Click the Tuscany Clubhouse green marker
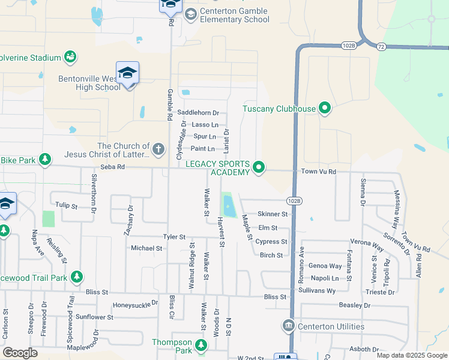coord(325,109)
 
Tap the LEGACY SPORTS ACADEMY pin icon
coord(259,167)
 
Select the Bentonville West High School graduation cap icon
coord(127,74)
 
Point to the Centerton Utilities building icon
coord(288,326)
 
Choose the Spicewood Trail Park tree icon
coord(76,277)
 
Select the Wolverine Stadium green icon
coord(70,57)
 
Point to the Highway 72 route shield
coord(381,46)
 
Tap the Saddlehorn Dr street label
coord(198,113)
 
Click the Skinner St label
coord(273,214)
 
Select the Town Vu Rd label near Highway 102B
coord(319,172)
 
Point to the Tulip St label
coord(66,206)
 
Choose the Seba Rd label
coord(112,167)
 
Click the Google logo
coord(20,353)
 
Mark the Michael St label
coord(146,248)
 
